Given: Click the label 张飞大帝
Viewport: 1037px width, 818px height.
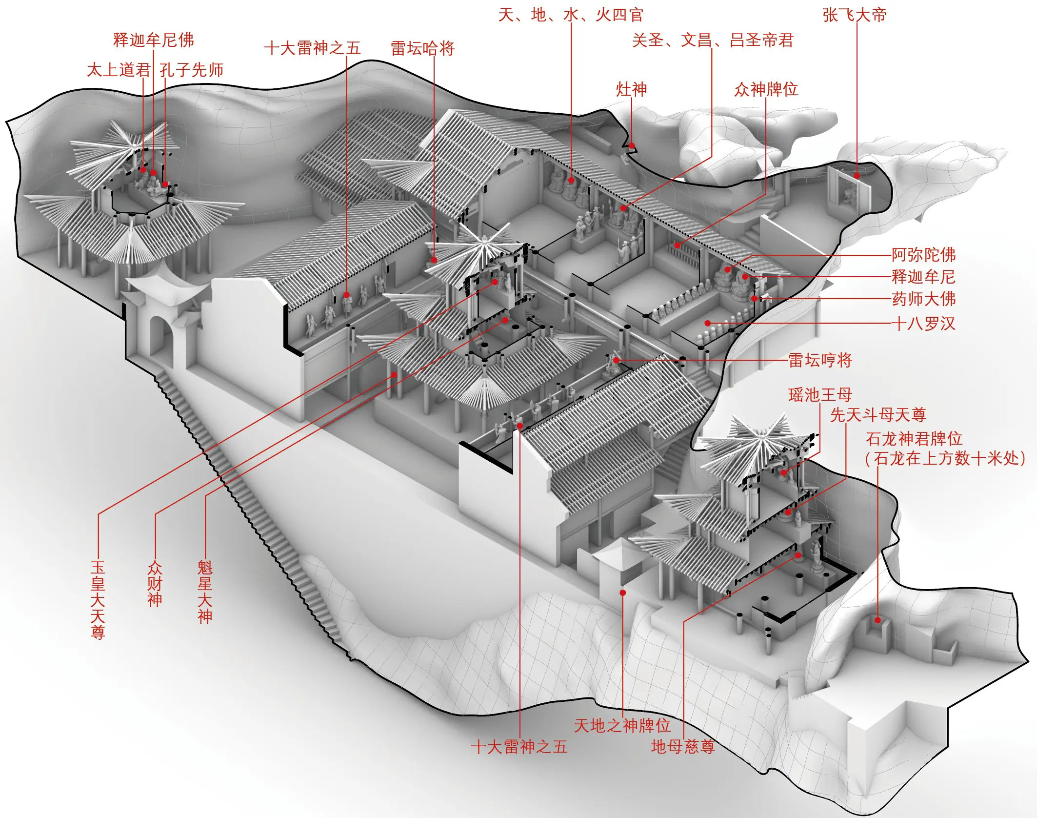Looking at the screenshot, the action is click(854, 15).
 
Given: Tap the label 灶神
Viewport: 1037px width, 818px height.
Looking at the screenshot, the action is click(631, 89).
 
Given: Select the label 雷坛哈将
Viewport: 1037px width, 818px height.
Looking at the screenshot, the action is click(422, 48).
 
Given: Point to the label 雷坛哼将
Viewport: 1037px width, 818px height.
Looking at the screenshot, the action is click(820, 360).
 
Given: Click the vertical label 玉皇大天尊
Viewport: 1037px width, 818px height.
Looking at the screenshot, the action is click(98, 599).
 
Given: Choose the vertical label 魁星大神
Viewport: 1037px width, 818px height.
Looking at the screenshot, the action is click(205, 592).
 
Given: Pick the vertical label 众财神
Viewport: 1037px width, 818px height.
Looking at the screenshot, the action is click(155, 584).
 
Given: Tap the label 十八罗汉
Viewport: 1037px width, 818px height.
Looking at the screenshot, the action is click(923, 323).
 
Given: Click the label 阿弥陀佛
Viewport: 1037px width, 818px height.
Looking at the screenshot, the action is click(923, 255).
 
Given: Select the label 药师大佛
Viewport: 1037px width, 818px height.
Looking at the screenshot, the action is click(923, 298).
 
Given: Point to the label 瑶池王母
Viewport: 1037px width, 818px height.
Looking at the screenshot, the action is click(820, 394).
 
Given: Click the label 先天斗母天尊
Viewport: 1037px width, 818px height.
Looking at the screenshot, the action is click(877, 415).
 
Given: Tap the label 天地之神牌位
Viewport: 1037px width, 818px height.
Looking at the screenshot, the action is click(622, 726).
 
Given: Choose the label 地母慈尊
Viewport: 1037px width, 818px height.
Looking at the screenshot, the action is click(682, 746).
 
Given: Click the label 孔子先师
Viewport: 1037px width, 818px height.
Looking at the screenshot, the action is click(191, 70).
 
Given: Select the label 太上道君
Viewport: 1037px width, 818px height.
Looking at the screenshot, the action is click(119, 70).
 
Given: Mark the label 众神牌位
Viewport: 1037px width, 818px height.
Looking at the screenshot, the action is click(766, 89).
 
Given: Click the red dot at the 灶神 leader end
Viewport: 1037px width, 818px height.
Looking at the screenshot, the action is click(632, 145).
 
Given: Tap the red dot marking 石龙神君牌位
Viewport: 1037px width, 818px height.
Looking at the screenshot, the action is click(877, 620).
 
